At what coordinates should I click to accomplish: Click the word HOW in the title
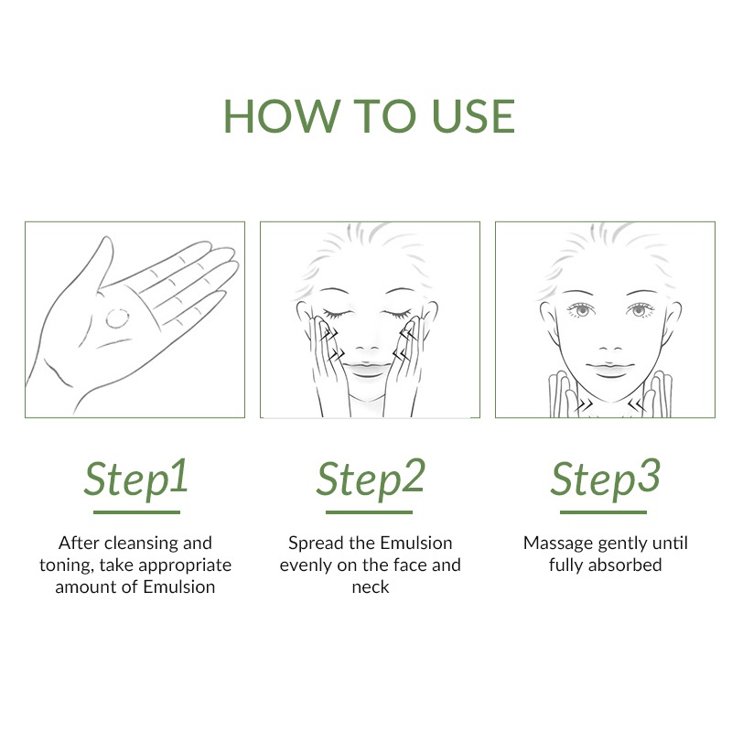pyautogui.click(x=282, y=116)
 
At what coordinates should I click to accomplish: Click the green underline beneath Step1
pyautogui.click(x=136, y=512)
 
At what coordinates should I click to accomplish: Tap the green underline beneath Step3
pyautogui.click(x=603, y=512)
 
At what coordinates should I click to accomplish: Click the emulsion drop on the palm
pyautogui.click(x=117, y=318)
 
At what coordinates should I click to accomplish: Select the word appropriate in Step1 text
pyautogui.click(x=185, y=565)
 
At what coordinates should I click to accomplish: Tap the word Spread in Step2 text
pyautogui.click(x=316, y=544)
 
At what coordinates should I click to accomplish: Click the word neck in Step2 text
pyautogui.click(x=371, y=587)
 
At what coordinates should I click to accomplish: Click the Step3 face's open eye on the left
pyautogui.click(x=581, y=309)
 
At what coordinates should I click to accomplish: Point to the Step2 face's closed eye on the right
pyautogui.click(x=397, y=313)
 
